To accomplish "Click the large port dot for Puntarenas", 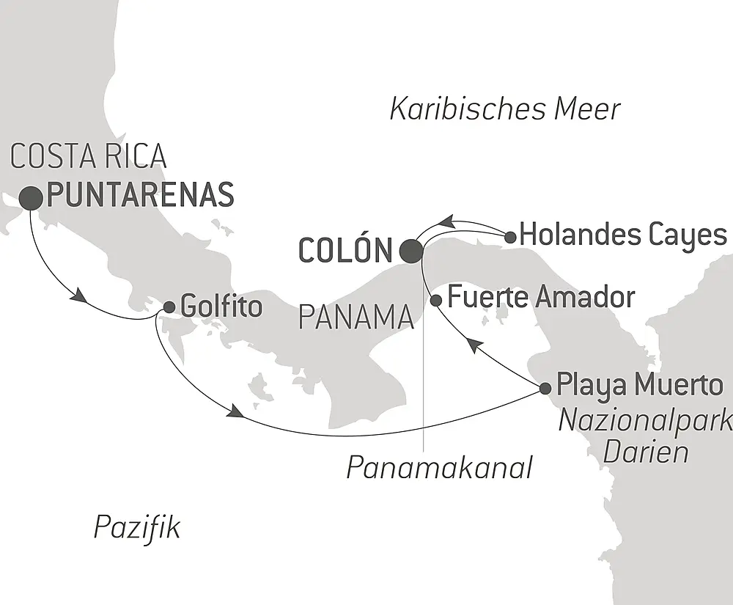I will (31, 197).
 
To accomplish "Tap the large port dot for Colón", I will (411, 251).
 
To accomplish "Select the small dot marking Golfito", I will (169, 308).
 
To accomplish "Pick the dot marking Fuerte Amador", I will (436, 300).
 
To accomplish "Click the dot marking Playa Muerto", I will (545, 387).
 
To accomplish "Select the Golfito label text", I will (221, 307).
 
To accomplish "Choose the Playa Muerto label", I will (639, 384).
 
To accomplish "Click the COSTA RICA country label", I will (89, 157).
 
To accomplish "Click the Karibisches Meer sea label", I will (505, 109).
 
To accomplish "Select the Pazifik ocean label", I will (136, 527).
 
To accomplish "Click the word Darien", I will (645, 451).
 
